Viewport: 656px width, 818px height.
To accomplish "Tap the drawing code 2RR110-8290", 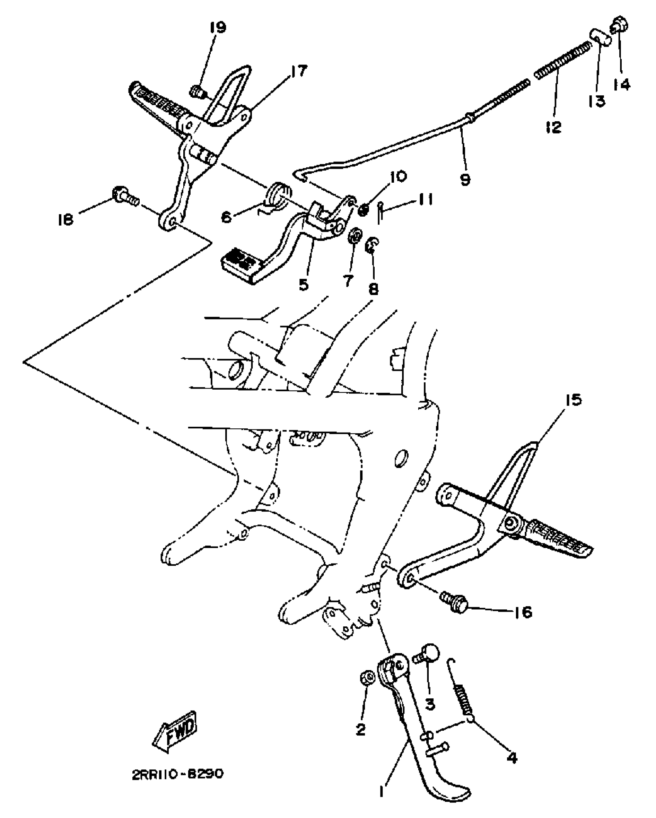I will coord(177,785).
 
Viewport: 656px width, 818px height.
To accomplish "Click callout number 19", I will coord(218,27).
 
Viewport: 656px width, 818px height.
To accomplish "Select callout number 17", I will coord(298,72).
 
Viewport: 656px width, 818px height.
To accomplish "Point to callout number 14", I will coord(621,83).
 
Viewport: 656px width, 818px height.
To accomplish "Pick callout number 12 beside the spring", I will coord(554,126).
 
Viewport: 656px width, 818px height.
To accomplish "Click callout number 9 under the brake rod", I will coord(466,179).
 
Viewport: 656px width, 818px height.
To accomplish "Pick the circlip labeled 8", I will coord(372,245).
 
